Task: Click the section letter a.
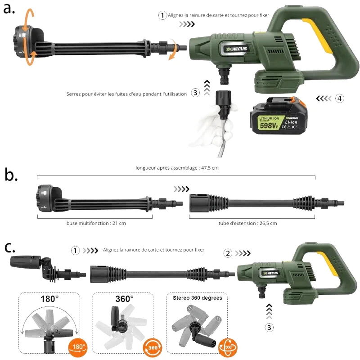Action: (9, 9)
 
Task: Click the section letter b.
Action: (11, 175)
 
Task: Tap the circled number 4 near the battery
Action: (339, 98)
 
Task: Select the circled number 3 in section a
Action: (195, 93)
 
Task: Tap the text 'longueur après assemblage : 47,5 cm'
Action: (177, 168)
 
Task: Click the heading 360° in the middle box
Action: (124, 299)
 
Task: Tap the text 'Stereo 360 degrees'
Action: (197, 298)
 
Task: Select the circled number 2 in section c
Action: (228, 253)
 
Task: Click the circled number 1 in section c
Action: (75, 250)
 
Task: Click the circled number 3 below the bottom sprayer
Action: (269, 328)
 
